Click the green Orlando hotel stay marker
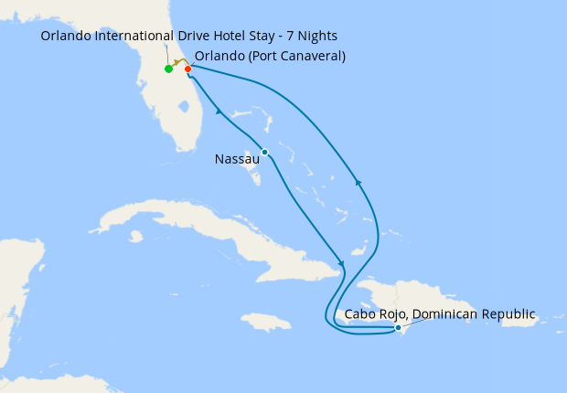pyautogui.click(x=168, y=69)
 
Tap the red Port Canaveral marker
pyautogui.click(x=187, y=69)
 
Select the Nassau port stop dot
pyautogui.click(x=264, y=152)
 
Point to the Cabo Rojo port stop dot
pyautogui.click(x=398, y=327)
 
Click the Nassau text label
pyautogui.click(x=237, y=159)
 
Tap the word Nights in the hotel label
pyautogui.click(x=316, y=36)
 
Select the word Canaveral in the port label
pyautogui.click(x=311, y=56)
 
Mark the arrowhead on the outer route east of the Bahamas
pyautogui.click(x=358, y=184)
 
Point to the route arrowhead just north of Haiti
pyautogui.click(x=341, y=263)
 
